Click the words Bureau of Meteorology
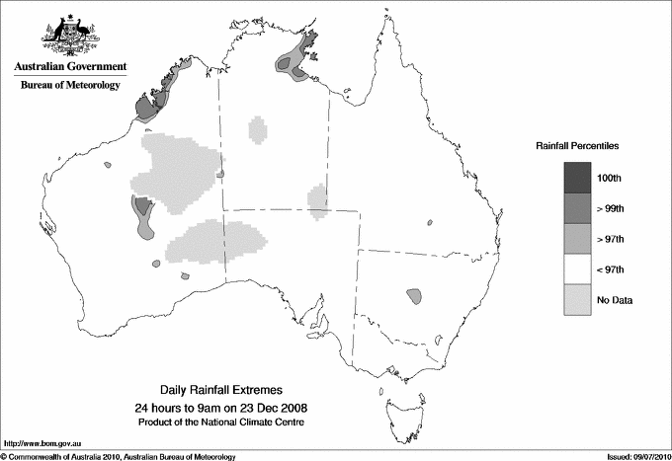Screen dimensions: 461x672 [70, 85]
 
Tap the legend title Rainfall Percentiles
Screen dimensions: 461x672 [578, 145]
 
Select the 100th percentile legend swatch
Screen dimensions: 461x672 [578, 177]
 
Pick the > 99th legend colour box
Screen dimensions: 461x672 [578, 207]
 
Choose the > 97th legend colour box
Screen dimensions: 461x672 [578, 238]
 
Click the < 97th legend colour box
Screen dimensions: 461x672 [578, 269]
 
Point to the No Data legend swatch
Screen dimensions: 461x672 [578, 299]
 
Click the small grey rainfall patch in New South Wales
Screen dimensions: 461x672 [414, 294]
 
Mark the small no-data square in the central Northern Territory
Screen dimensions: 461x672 [258, 129]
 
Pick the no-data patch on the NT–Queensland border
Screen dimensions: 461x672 [318, 200]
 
